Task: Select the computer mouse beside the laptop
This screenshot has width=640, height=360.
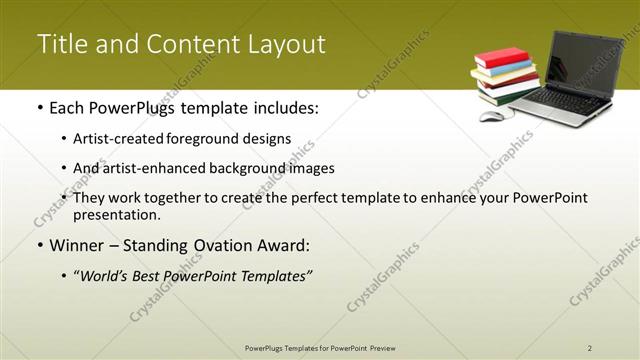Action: click(491, 116)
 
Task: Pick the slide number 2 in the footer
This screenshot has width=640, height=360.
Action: click(590, 347)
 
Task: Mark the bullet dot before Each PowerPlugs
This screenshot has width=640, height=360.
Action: click(39, 107)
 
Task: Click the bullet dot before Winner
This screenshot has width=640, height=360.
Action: click(39, 245)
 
